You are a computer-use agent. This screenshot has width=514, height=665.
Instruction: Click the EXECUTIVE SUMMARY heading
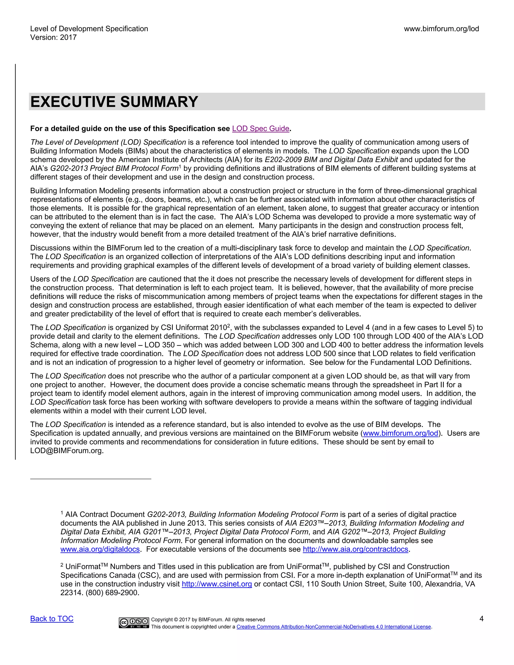click(114, 102)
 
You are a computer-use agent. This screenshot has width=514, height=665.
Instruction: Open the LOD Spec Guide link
click(260, 128)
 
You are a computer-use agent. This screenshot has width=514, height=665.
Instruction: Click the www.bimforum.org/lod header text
click(441, 29)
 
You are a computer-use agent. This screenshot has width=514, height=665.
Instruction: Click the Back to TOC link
click(52, 619)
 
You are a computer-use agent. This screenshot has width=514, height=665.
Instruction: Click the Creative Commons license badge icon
click(134, 623)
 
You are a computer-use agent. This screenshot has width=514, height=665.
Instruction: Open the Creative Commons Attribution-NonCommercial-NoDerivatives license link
click(334, 627)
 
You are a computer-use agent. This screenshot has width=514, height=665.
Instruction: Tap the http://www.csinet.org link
click(217, 584)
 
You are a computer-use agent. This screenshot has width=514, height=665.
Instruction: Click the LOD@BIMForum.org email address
click(67, 451)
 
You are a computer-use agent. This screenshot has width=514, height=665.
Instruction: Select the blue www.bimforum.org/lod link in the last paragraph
click(400, 433)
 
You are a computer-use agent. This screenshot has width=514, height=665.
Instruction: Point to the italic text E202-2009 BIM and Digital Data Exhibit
click(331, 160)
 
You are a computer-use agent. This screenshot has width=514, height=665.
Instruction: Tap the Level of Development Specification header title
click(89, 29)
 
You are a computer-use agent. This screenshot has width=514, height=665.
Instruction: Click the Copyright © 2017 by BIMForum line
click(208, 620)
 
